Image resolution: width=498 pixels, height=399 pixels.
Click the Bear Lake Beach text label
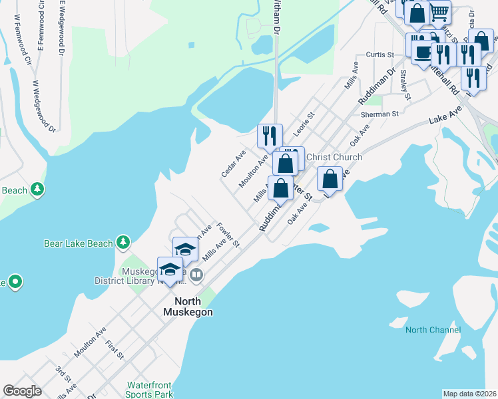tap(78, 243)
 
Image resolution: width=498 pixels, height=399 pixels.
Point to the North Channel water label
tap(433, 330)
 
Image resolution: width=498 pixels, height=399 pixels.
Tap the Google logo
tap(22, 391)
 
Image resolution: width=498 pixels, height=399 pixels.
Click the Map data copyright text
tap(470, 394)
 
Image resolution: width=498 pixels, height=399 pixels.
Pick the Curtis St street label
tap(380, 55)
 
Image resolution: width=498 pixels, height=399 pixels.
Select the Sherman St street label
tap(379, 114)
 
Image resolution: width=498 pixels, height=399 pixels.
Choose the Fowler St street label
tap(228, 234)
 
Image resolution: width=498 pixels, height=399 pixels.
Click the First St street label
tap(115, 350)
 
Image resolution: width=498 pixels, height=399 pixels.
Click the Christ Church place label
tap(334, 157)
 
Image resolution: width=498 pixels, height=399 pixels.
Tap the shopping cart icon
tap(439, 12)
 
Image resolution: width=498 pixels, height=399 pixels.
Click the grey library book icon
tap(196, 275)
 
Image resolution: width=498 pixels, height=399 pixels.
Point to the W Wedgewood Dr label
tap(44, 106)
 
